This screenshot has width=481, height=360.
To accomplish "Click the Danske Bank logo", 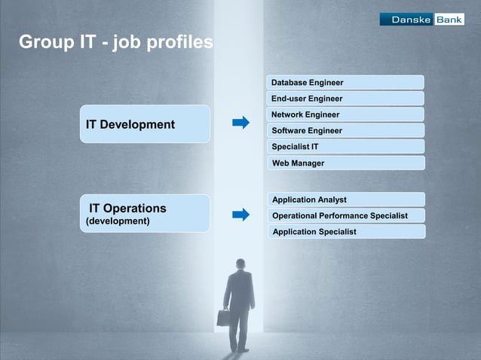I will tap(421, 20).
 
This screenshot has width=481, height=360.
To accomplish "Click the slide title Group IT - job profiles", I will tap(115, 43).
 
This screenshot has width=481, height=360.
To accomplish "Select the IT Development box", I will tap(145, 124).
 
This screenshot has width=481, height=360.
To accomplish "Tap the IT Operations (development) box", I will tap(145, 213).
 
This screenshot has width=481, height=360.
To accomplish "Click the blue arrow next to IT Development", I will tap(240, 123).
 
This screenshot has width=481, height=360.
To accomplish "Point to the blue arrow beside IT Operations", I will tap(240, 215).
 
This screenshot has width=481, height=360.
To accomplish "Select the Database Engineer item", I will tap(345, 82).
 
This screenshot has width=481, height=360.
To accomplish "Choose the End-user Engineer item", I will tap(345, 99).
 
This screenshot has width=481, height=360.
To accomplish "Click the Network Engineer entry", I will tap(345, 114).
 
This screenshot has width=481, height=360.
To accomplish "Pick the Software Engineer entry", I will tap(345, 130).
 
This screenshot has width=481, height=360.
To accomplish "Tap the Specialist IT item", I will tap(345, 146).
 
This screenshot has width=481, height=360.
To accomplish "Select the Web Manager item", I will tap(345, 163).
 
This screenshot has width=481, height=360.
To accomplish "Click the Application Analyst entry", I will tap(345, 200).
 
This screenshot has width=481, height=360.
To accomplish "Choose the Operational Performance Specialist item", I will tap(345, 215).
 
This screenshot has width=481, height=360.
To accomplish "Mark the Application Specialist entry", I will tap(345, 231).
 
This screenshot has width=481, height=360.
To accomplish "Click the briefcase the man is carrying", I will tap(223, 317).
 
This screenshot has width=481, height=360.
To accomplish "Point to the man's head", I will tap(241, 264).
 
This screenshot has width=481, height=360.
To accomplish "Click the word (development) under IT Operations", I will tap(118, 221).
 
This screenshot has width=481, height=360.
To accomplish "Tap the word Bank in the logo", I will tap(449, 20).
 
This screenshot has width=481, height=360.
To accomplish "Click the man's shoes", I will tap(240, 350).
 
